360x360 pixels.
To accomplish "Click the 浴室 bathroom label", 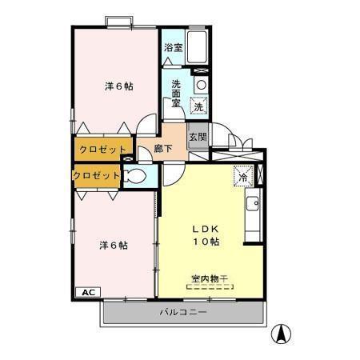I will click(x=173, y=47).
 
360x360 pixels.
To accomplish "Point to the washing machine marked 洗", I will click(x=198, y=105).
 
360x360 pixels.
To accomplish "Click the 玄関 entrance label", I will click(x=198, y=137).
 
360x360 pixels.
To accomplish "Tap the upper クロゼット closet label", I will click(x=103, y=150).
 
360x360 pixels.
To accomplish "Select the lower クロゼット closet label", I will click(x=97, y=175).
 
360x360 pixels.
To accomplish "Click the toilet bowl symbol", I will click(x=135, y=176).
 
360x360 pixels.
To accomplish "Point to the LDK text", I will click(x=205, y=226).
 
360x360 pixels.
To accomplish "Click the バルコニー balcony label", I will click(x=182, y=311).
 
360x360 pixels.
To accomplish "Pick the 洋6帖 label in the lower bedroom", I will click(x=114, y=245).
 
